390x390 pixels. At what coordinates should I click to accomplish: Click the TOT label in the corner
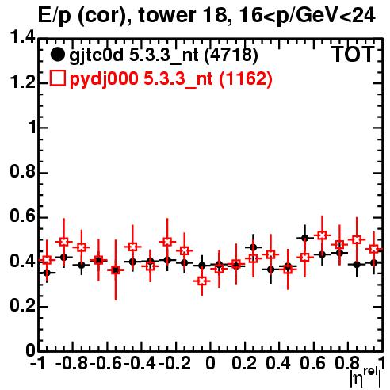click(354, 55)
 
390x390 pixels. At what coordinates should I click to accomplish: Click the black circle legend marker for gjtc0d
click(57, 55)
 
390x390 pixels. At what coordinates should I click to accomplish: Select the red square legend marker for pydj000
click(57, 78)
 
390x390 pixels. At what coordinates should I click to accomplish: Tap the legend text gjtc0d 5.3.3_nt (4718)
click(163, 55)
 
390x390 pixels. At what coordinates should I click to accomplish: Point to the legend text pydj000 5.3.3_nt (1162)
click(170, 78)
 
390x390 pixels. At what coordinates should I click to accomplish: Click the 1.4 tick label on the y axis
click(22, 37)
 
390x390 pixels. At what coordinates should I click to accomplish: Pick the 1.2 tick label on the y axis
click(22, 82)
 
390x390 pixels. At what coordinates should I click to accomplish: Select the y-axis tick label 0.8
click(22, 172)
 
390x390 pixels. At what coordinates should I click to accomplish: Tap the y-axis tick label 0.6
click(22, 216)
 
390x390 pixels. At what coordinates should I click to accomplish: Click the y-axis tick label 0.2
click(22, 305)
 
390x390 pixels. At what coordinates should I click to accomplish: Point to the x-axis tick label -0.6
click(105, 363)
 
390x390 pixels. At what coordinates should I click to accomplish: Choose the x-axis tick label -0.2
click(174, 363)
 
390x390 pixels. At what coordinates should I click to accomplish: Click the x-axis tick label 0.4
click(278, 363)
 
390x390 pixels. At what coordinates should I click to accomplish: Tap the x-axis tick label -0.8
click(71, 363)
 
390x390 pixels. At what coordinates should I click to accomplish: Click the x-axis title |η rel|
click(365, 378)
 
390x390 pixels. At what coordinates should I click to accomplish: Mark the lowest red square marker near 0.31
click(202, 281)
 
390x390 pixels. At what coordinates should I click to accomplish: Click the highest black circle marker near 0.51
click(305, 238)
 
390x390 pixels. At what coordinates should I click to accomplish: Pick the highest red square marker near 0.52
click(322, 235)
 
